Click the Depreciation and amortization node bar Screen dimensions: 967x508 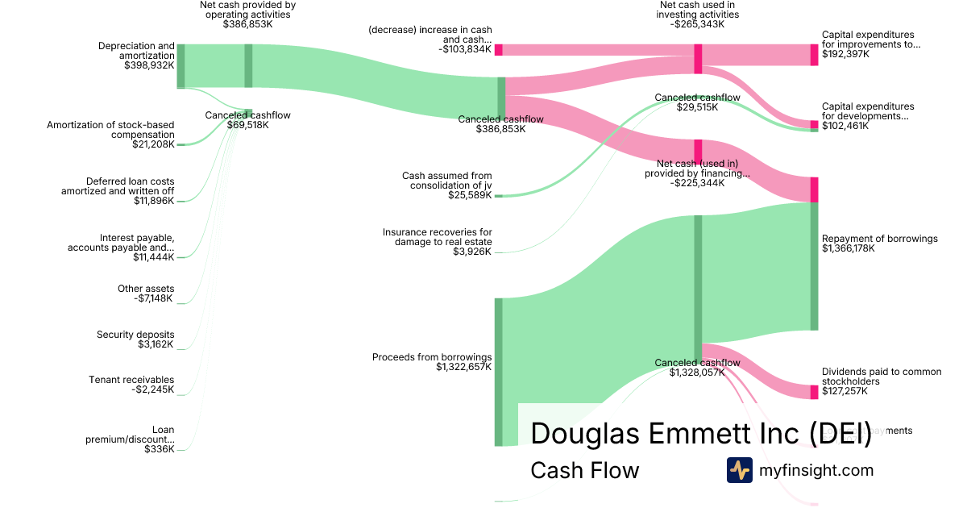pos(181,66)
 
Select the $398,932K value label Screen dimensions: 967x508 pos(149,65)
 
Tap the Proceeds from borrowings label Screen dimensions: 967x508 pos(432,357)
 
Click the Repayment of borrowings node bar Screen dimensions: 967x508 pos(814,266)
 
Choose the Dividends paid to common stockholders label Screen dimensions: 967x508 pos(882,377)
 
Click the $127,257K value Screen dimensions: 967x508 pos(845,391)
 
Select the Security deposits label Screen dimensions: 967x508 pos(135,335)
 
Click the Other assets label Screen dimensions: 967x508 pos(146,289)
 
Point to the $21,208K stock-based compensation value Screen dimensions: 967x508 pos(153,144)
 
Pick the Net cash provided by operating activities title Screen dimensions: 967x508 pos(248,10)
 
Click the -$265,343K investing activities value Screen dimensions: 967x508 pos(697,24)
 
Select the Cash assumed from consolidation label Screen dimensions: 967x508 pos(447,181)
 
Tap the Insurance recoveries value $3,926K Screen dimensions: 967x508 pos(472,252)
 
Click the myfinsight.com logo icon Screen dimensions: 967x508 pos(739,470)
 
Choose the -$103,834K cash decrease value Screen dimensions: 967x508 pos(463,49)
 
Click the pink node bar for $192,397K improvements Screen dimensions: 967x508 pos(814,55)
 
